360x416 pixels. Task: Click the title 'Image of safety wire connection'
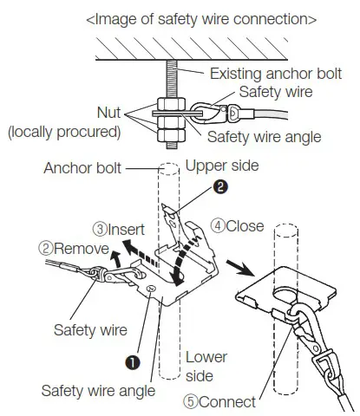[200, 17]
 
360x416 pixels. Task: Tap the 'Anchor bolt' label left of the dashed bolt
[83, 167]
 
